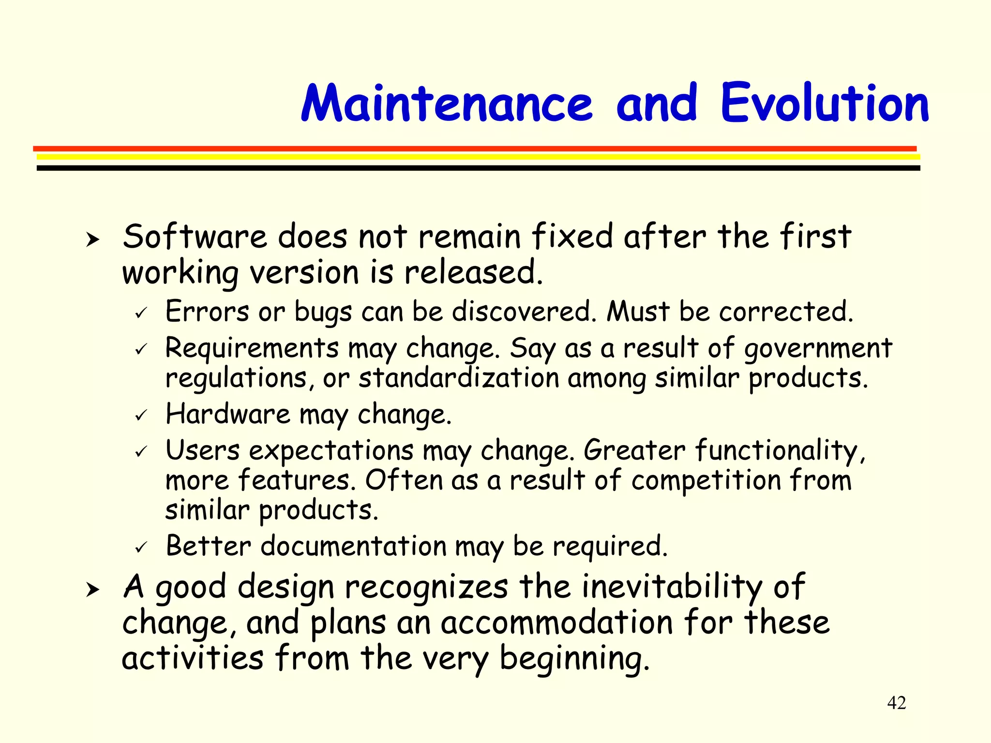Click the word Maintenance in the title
(x=446, y=104)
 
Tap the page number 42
(x=896, y=702)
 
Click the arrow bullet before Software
(x=92, y=239)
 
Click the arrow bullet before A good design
(x=92, y=590)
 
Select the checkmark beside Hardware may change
(x=141, y=416)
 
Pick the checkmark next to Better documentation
(x=141, y=548)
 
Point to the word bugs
(x=323, y=312)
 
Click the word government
(x=818, y=348)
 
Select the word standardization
(x=458, y=378)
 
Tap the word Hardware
(x=227, y=414)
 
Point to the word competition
(x=706, y=481)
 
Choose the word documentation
(x=353, y=546)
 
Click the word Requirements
(x=252, y=348)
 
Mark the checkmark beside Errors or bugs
(x=141, y=313)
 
